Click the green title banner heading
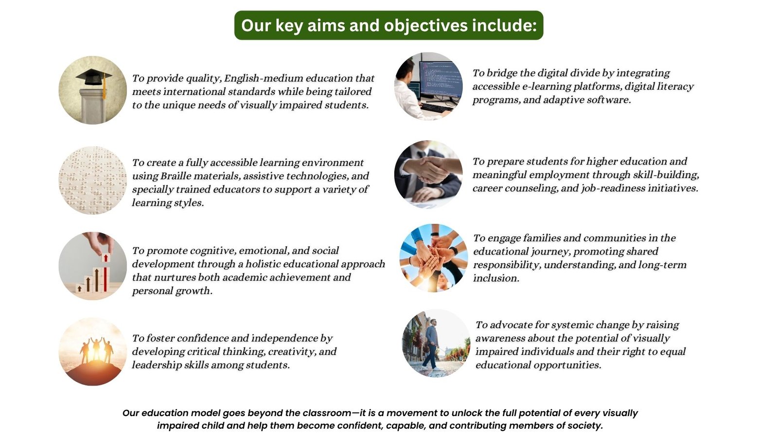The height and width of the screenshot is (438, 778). pyautogui.click(x=389, y=25)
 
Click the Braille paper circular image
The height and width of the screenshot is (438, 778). pyautogui.click(x=93, y=180)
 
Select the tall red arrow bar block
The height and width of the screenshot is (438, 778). pyautogui.click(x=105, y=273)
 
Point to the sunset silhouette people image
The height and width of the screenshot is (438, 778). pyautogui.click(x=93, y=351)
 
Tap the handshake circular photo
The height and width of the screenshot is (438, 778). pyautogui.click(x=428, y=175)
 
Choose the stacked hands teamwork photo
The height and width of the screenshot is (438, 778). pyautogui.click(x=434, y=258)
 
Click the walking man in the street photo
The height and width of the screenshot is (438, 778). pyautogui.click(x=432, y=344)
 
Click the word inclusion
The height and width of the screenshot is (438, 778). pyautogui.click(x=496, y=278)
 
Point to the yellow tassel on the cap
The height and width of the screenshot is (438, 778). pyautogui.click(x=104, y=85)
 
